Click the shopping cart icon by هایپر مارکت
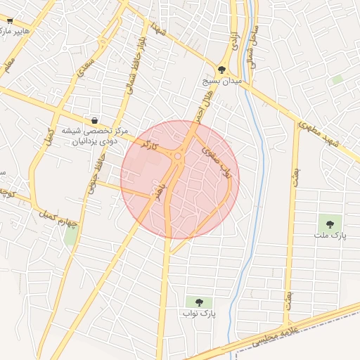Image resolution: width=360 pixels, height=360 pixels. (x=8, y=22)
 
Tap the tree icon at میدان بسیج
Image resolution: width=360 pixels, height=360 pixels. (x=222, y=70)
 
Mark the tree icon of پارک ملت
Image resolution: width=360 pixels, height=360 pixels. (x=329, y=224)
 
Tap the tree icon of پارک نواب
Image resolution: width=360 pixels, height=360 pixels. (x=198, y=302)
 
